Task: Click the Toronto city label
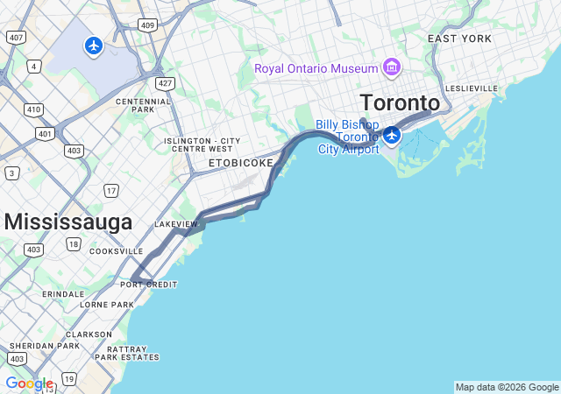(399, 102)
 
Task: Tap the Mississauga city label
(67, 222)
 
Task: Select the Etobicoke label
(240, 163)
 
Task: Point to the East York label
(459, 39)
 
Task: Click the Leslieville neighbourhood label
(472, 88)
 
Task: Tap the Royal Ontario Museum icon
(391, 68)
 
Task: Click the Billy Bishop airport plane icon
(391, 135)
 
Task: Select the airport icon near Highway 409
(94, 45)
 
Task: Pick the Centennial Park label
(143, 106)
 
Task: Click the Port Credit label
(149, 285)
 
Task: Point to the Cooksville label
(116, 251)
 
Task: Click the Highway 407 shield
(15, 37)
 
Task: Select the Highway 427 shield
(164, 83)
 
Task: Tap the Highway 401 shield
(45, 134)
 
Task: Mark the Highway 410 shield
(33, 109)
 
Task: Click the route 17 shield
(111, 190)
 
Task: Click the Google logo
(29, 383)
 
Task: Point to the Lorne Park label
(106, 305)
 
